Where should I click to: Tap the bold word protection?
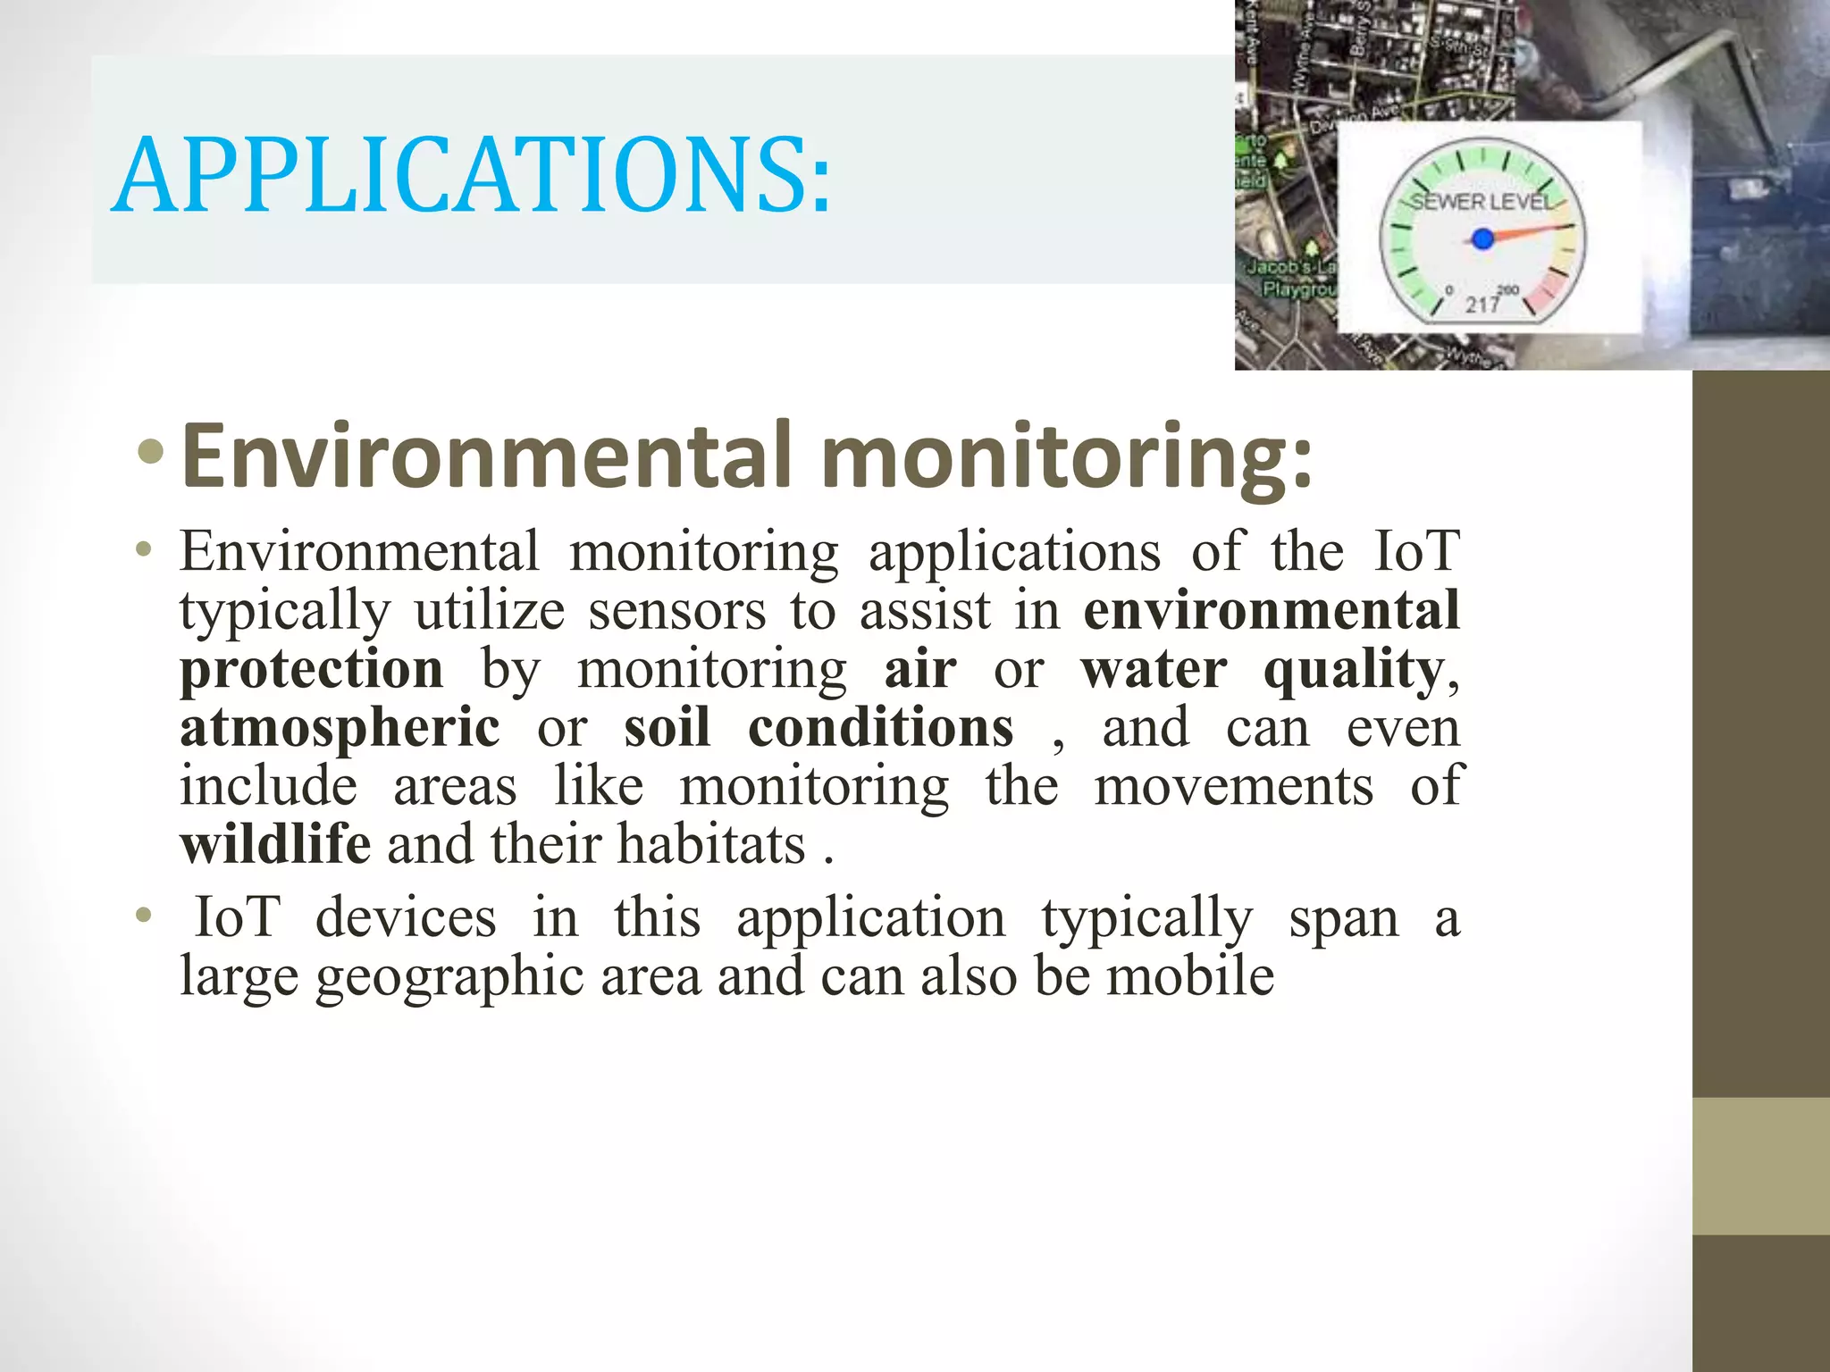coord(311,669)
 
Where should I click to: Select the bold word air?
coord(920,669)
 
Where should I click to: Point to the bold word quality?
coord(1353,671)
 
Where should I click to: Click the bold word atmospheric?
coord(340,728)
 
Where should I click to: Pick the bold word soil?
coord(667,727)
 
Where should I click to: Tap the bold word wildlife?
coord(275,844)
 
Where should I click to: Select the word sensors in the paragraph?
coord(676,611)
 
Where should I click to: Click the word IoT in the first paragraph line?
coord(1416,551)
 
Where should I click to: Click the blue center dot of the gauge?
coord(1482,238)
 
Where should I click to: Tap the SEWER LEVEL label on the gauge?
coord(1482,202)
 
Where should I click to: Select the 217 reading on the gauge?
coord(1482,305)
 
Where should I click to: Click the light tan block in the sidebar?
coord(1760,1166)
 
